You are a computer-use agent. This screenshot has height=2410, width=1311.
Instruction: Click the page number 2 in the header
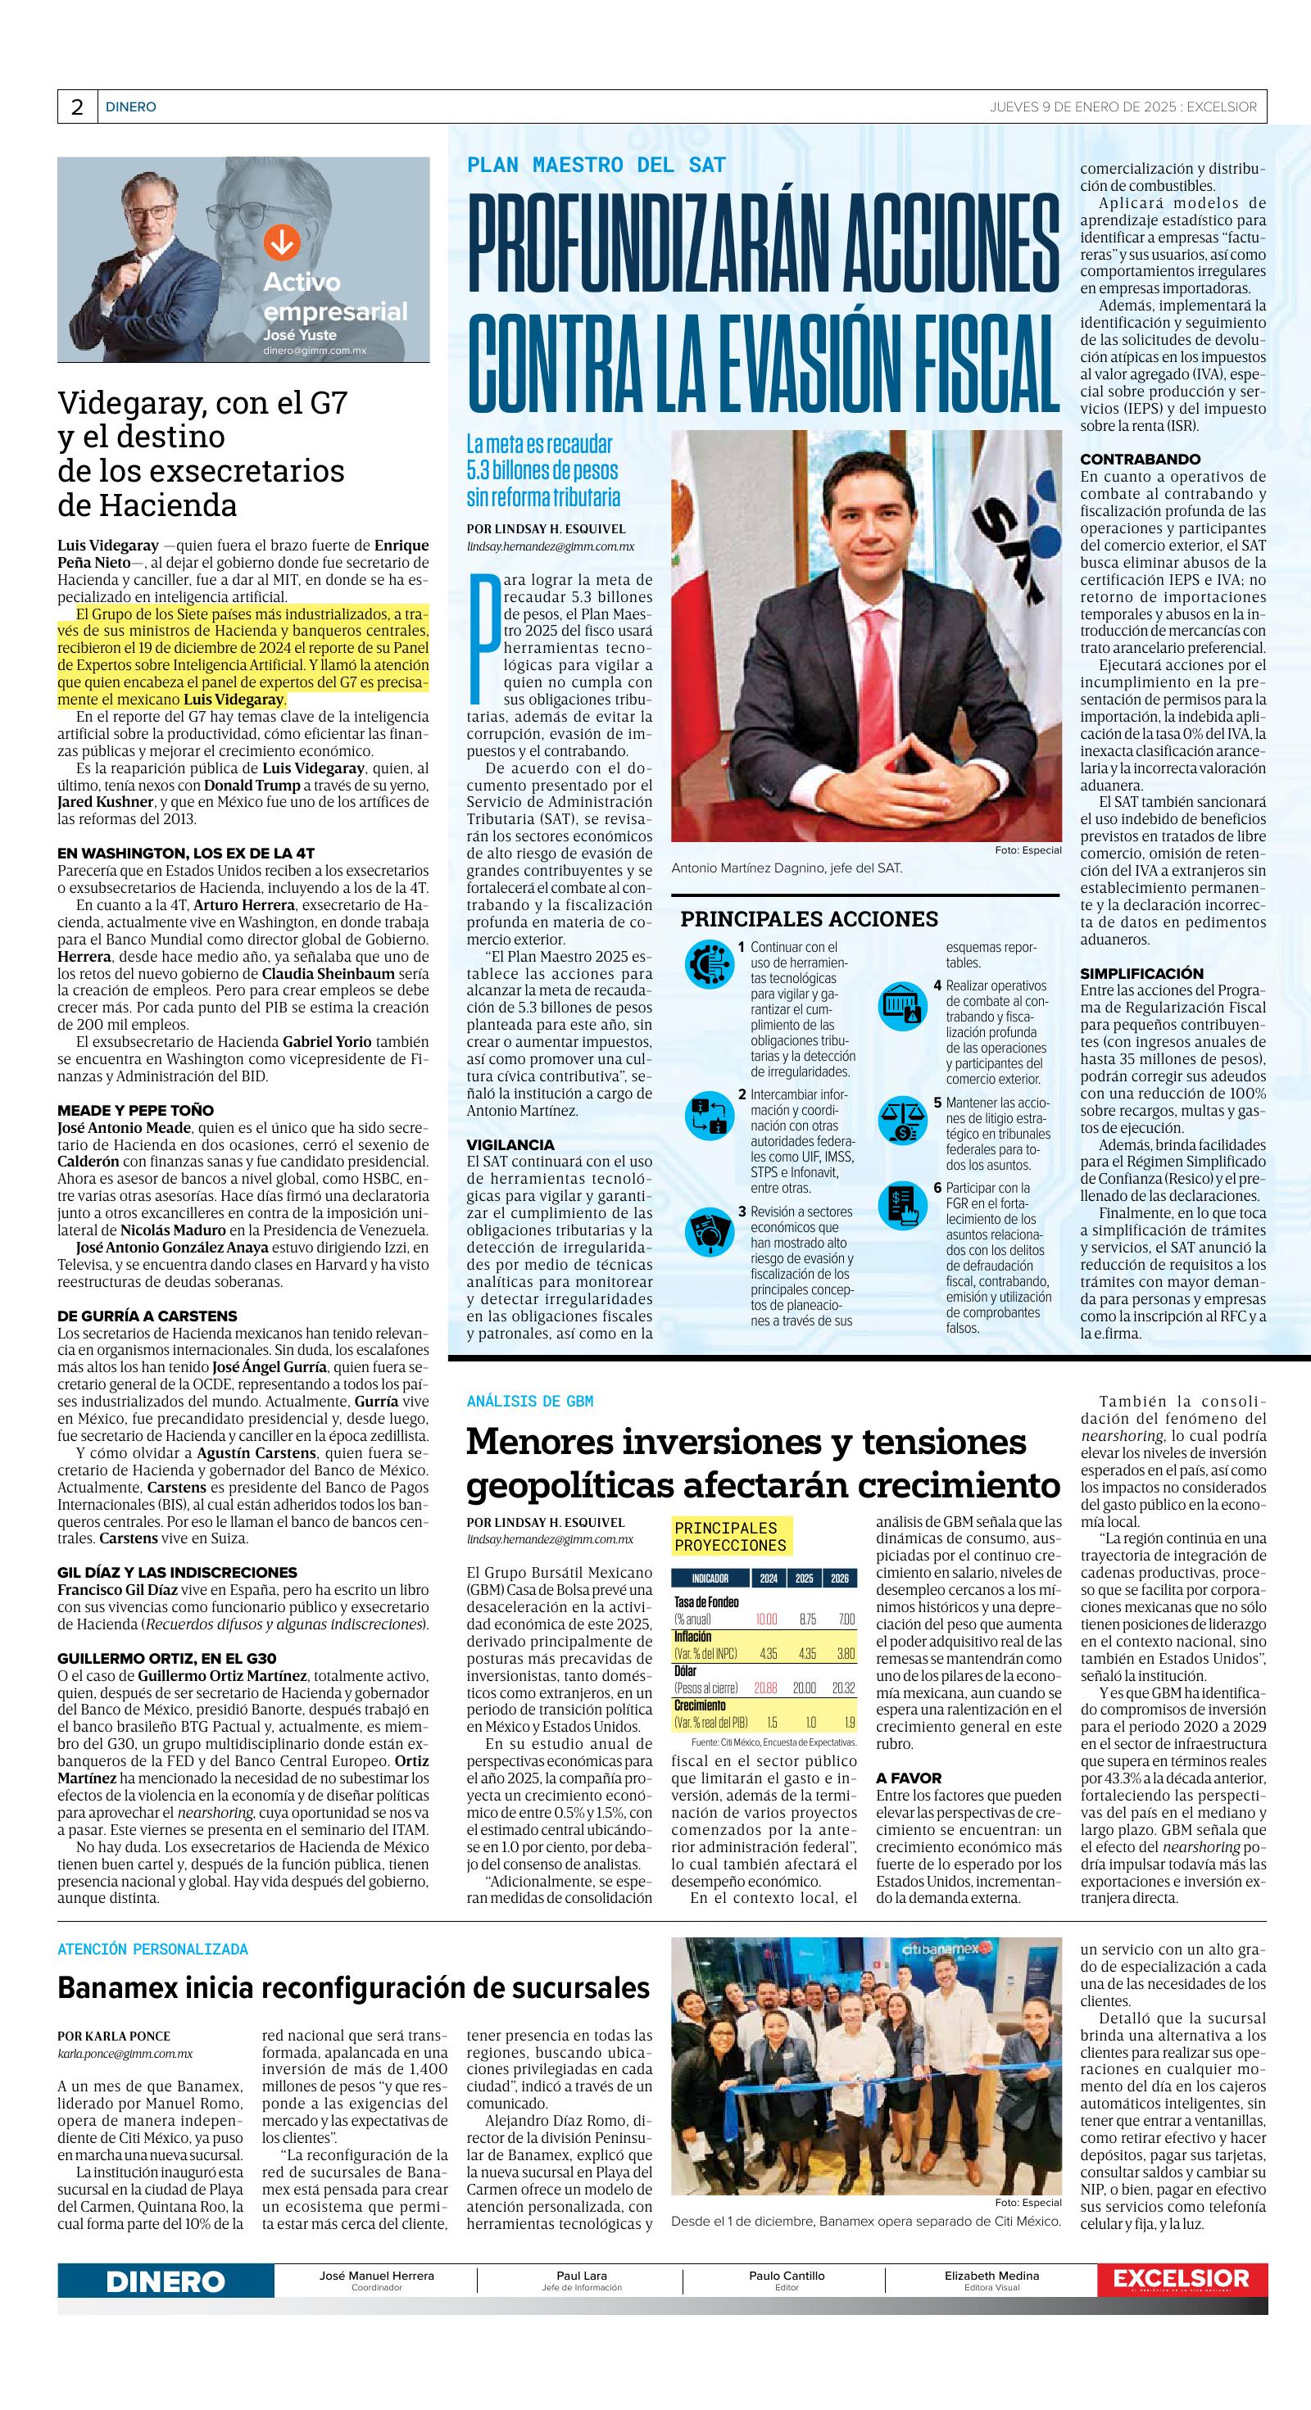pos(77,106)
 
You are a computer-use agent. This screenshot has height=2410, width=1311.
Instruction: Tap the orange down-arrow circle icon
pos(279,242)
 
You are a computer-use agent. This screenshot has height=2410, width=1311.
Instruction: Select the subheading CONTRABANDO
pos(1140,460)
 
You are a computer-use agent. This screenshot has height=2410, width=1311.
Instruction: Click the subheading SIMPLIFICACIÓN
pos(1141,973)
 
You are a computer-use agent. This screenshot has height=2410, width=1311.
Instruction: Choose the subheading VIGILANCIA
pos(511,1144)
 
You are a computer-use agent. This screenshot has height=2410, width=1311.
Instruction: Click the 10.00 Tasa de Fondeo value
pos(766,1619)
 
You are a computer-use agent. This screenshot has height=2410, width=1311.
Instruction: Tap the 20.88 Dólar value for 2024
pos(766,1688)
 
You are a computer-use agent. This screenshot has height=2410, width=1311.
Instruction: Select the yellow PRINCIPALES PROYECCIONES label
pos(731,1537)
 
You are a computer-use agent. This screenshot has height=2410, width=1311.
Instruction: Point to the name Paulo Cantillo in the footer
pos(786,2276)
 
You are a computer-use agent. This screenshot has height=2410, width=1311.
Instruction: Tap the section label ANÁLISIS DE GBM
pos(529,1401)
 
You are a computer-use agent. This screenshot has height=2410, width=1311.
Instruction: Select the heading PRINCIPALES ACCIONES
pos(809,919)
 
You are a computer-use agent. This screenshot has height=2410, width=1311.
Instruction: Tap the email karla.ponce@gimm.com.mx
pos(125,2054)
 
